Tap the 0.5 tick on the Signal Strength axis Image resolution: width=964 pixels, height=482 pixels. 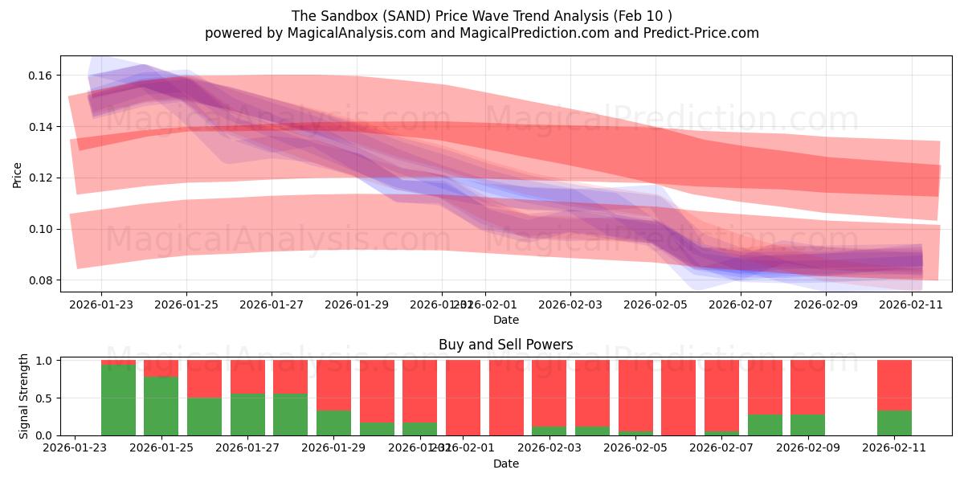tap(45, 398)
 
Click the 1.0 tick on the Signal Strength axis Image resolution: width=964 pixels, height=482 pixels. tap(45, 361)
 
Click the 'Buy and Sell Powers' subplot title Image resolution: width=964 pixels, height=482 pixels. tap(505, 345)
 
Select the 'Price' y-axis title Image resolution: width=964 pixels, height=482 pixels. tap(17, 174)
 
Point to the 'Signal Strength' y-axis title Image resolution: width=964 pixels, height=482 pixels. tap(23, 396)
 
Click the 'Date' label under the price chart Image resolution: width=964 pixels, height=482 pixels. tap(505, 320)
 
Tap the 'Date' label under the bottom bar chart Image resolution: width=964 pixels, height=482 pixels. tap(505, 464)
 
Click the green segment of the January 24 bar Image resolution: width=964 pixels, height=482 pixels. tap(118, 399)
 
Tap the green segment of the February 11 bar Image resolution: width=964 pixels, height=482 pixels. tap(894, 423)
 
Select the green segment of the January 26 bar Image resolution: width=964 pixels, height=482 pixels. tap(204, 416)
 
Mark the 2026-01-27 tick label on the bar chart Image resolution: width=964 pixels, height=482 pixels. tap(247, 448)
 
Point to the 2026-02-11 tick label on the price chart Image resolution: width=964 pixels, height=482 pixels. tap(911, 304)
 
